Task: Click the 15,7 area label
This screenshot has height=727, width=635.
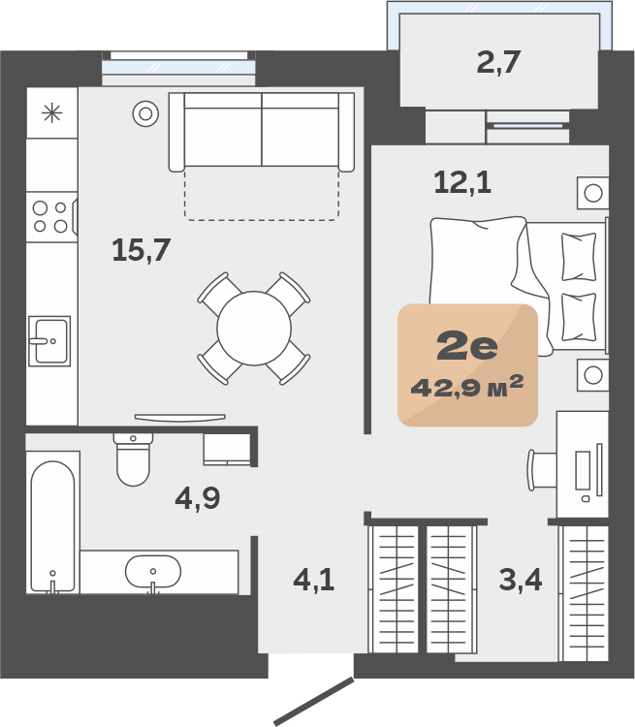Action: tap(141, 250)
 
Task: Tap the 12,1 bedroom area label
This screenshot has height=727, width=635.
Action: tap(462, 182)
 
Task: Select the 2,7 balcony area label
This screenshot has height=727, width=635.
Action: tap(498, 62)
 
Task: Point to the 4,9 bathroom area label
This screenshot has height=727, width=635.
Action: tap(198, 499)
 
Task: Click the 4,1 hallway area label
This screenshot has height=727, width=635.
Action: tap(314, 580)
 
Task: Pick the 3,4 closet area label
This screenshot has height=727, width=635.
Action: tap(521, 580)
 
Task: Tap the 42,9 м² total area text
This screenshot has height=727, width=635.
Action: tap(467, 387)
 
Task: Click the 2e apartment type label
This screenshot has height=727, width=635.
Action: tap(467, 346)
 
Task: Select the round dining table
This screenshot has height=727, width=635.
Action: tap(254, 329)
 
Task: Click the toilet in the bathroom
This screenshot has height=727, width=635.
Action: tap(133, 459)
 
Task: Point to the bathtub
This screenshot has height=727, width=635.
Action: tap(52, 526)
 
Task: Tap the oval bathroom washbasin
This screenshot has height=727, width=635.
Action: tap(153, 572)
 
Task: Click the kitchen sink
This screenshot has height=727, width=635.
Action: tap(49, 341)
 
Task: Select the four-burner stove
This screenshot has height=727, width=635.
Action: tap(51, 217)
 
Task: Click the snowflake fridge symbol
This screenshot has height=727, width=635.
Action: tap(52, 112)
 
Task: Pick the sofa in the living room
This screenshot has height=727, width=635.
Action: tap(262, 132)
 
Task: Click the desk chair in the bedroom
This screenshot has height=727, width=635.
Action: tap(542, 470)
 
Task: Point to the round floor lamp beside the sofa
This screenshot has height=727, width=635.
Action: tap(145, 113)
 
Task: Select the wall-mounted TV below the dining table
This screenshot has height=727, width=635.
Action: tap(180, 418)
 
